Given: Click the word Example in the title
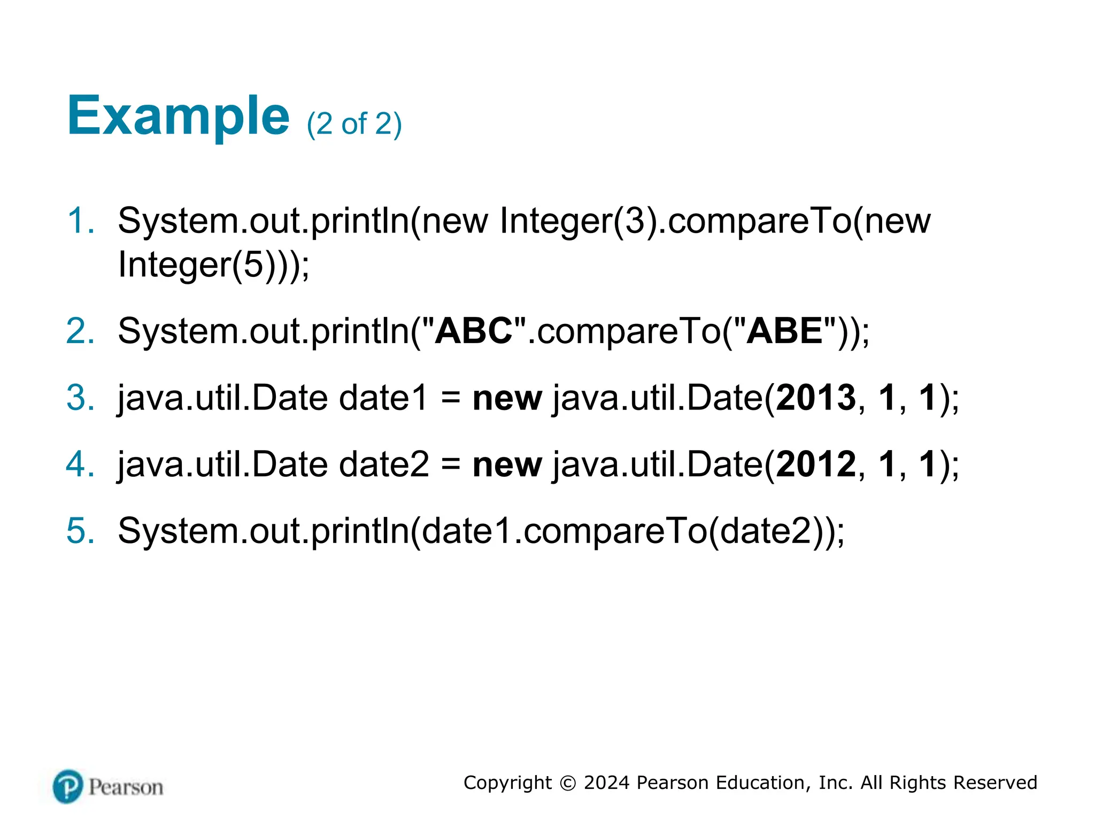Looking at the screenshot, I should coord(178,117).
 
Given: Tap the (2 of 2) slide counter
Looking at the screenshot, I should coord(354,124).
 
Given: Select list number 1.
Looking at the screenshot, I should coord(80,221).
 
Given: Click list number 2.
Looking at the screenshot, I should coord(80,331).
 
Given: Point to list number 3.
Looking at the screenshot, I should coord(80,398).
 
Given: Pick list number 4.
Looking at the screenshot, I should coord(80,464).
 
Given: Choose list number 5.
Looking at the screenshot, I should coord(80,531).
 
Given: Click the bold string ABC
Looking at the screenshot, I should coord(474,331).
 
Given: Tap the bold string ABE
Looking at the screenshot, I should coord(784,331).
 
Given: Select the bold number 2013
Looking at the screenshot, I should coord(816,398).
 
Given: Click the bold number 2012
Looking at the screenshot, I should coord(816,464).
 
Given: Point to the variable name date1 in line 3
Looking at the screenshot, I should coord(383,398).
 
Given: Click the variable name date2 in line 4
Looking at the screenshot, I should coord(383,464).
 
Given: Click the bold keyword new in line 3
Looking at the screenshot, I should coord(507,399).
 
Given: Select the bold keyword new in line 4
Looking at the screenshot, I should coord(507,465).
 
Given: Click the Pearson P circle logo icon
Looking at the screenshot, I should coord(68,786).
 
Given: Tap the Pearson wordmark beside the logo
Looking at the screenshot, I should coord(126,787).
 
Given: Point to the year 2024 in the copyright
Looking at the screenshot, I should coord(606,783).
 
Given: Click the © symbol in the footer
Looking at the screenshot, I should coord(568,783).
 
